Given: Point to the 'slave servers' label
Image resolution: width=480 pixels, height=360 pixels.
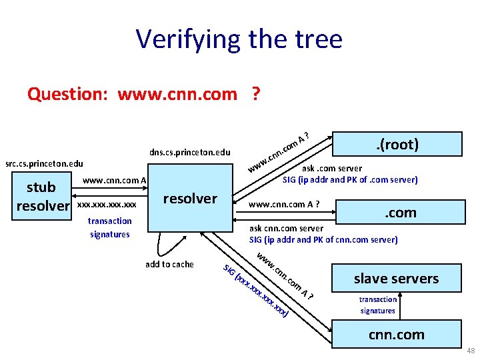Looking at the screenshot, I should point(396,278).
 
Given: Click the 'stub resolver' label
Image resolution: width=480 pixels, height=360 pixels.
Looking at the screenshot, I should point(43,195).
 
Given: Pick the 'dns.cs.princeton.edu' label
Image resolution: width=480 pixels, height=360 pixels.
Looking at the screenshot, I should point(190,152).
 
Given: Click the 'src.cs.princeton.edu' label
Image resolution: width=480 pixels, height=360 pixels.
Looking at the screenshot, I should point(44,163).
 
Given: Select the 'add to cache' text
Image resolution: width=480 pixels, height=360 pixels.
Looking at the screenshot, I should point(169,264).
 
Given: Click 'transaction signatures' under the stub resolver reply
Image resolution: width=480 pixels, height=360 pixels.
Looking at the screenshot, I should point(110,227).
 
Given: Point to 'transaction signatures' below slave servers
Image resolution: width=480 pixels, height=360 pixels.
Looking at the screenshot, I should point(377,305).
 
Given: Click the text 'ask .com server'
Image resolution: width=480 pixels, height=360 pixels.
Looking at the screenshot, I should point(333,169).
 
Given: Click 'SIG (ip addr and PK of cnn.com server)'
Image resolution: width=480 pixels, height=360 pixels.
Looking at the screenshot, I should point(323,239).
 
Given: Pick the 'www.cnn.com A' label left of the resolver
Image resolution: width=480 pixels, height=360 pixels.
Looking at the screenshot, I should point(114,180).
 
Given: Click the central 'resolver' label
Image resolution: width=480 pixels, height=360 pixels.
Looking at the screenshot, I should point(190,198).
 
